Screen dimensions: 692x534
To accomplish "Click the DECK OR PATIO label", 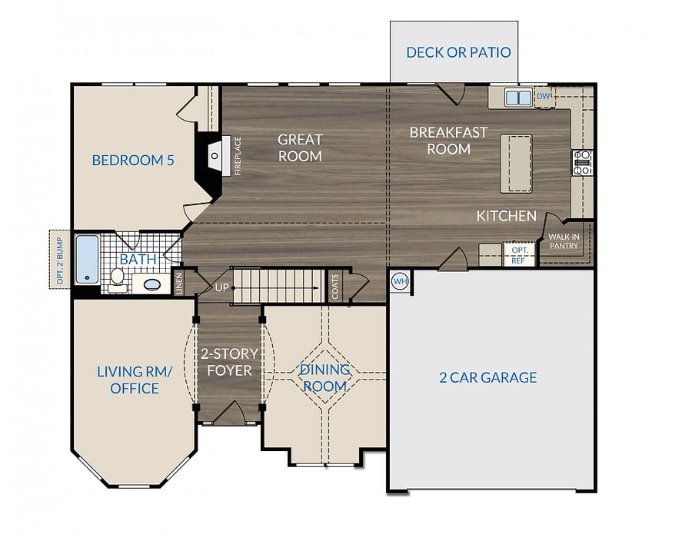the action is click(458, 52).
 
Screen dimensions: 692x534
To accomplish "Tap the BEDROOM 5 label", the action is click(133, 160).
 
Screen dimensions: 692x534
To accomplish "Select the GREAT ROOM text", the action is click(300, 148).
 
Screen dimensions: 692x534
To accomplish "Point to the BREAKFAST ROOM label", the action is click(448, 141).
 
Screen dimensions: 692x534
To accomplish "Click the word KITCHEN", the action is click(507, 216).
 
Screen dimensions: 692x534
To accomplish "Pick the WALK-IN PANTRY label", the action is click(564, 241).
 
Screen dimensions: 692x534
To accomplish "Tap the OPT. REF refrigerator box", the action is click(519, 254).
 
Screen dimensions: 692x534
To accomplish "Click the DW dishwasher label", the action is click(544, 96).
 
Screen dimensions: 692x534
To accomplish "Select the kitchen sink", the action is click(518, 98).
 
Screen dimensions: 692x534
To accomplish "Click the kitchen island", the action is click(516, 164).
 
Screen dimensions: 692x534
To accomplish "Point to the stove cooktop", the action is click(583, 163).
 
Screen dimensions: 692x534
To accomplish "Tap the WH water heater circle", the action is click(400, 281).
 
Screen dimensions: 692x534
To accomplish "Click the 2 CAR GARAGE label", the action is click(488, 377).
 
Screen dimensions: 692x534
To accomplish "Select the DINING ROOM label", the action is click(324, 378).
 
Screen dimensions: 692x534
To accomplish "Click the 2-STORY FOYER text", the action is click(229, 362).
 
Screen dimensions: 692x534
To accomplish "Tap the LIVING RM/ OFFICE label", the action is click(134, 380).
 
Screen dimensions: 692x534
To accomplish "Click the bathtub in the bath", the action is click(87, 259).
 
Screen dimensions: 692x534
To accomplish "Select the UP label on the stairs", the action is click(222, 287).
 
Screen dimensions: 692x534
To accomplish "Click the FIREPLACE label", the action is click(238, 156).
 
